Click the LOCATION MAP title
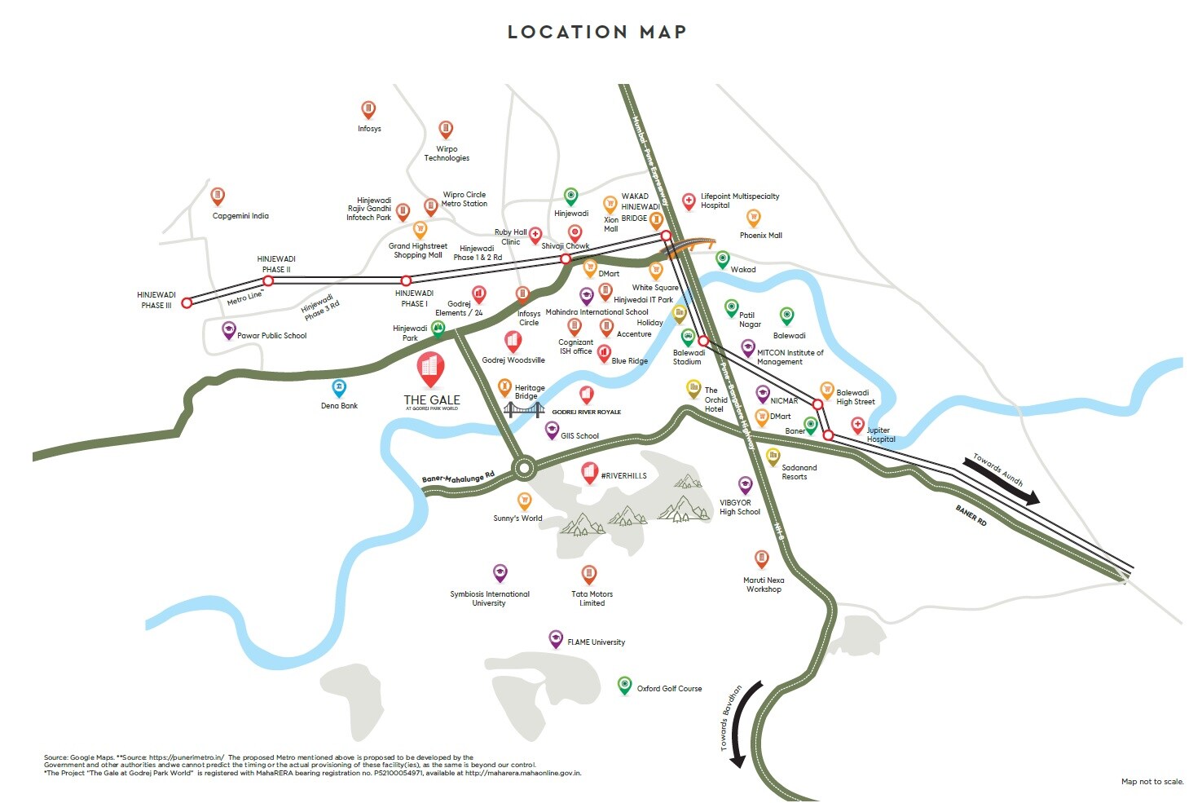(x=597, y=32)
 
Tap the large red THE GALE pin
(x=430, y=368)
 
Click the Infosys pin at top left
(x=368, y=110)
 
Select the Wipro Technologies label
(x=447, y=153)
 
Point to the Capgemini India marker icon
(x=218, y=196)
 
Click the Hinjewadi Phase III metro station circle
(x=187, y=302)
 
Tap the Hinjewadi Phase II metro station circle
(x=268, y=280)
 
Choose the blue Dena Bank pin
(x=339, y=388)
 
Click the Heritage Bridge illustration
(x=524, y=409)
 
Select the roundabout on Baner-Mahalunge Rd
(x=523, y=469)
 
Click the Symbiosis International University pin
(x=500, y=573)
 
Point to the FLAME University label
(x=596, y=642)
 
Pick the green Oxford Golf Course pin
(x=624, y=685)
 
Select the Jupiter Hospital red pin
(x=857, y=425)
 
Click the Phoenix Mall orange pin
(x=754, y=218)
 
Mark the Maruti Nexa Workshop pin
(x=761, y=559)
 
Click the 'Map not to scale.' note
(x=1152, y=782)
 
